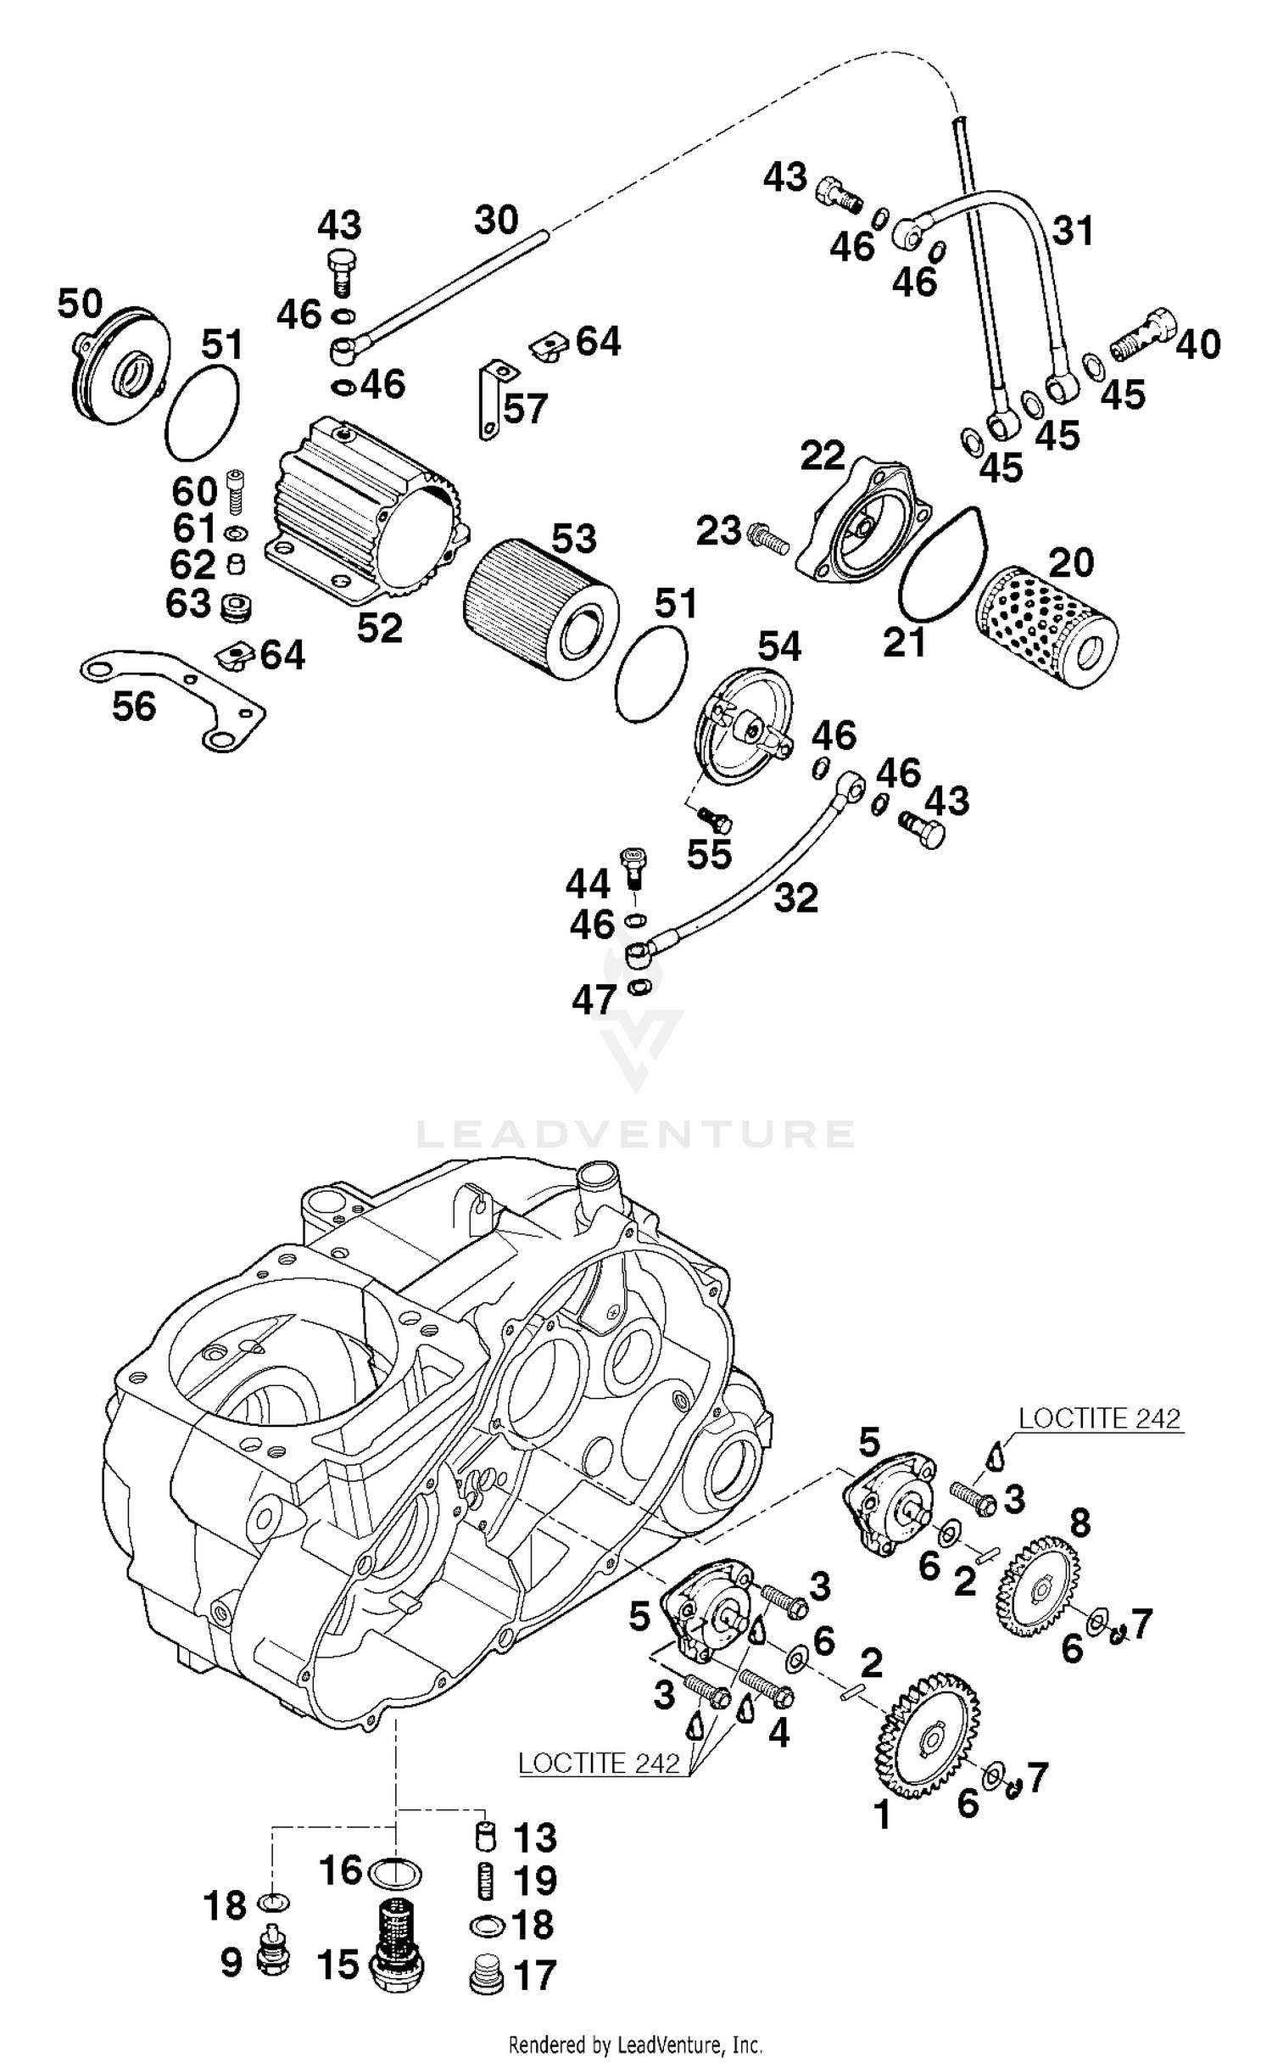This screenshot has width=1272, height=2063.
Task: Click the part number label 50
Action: click(x=80, y=304)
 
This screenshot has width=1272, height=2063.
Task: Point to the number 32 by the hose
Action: click(x=795, y=897)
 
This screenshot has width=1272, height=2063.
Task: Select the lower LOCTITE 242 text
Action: click(x=599, y=1764)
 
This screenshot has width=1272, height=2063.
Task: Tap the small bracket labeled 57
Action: click(x=495, y=399)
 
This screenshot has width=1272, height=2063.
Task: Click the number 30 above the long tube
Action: click(x=496, y=221)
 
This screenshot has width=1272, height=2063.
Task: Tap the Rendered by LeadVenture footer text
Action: click(x=636, y=2044)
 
